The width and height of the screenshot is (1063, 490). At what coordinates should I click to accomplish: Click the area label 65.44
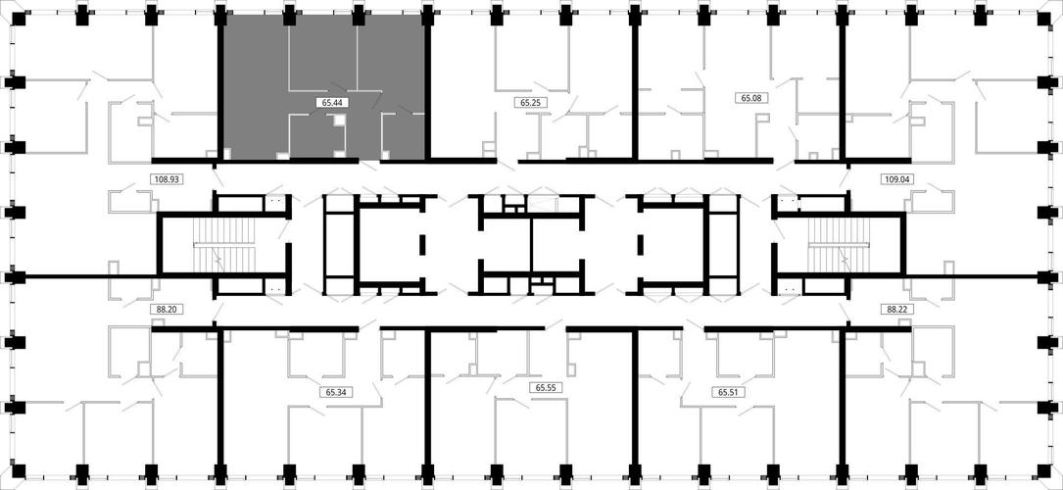[328, 103]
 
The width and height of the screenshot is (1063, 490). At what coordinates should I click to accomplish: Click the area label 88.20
[161, 309]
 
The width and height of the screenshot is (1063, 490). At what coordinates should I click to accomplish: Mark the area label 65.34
[332, 392]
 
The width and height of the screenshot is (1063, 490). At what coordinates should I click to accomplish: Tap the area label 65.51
[725, 392]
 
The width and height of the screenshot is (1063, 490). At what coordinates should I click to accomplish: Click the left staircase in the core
[223, 244]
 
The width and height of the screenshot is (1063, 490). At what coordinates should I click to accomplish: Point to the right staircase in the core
[839, 244]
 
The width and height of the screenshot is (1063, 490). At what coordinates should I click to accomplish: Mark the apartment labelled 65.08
[739, 88]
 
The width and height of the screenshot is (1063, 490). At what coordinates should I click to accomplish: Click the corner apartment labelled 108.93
[116, 122]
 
